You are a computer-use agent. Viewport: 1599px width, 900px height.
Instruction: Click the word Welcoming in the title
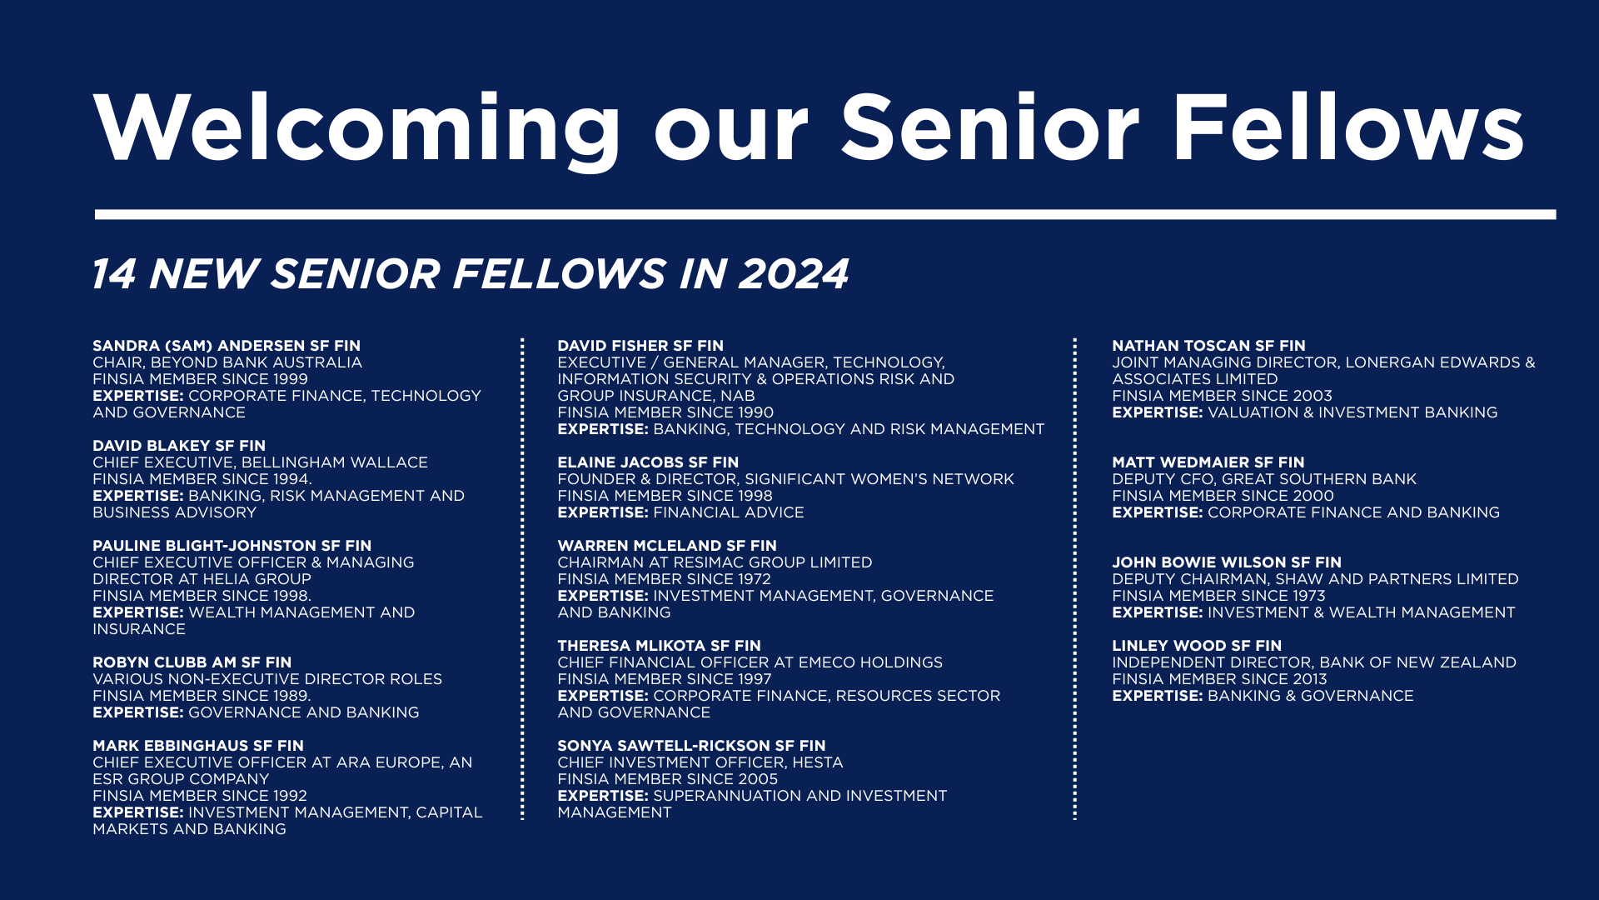(x=357, y=128)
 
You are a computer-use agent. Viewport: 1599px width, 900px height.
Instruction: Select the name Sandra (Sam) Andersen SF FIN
(x=227, y=346)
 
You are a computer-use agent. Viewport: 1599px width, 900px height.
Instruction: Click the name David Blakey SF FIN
(x=179, y=446)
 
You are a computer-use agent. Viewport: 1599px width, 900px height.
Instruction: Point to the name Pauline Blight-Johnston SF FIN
(x=232, y=546)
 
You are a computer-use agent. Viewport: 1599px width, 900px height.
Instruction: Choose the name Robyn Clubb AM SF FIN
(x=192, y=662)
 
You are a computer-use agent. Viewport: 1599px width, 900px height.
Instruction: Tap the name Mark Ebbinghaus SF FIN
(x=198, y=746)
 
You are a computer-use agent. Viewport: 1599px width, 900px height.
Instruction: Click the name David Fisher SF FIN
(x=640, y=346)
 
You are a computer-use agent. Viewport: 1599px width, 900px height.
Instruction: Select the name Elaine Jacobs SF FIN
(x=648, y=462)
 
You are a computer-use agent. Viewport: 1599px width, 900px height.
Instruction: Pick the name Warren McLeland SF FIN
(x=667, y=546)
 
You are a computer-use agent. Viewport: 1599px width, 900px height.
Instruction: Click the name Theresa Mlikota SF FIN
(x=660, y=646)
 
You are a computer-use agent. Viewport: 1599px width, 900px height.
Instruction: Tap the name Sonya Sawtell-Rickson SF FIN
(x=691, y=746)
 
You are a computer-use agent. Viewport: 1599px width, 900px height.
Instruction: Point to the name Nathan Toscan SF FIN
(x=1208, y=346)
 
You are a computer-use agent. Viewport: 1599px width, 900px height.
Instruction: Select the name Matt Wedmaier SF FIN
(x=1208, y=462)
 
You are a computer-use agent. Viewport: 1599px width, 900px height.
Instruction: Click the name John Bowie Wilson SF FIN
(x=1227, y=562)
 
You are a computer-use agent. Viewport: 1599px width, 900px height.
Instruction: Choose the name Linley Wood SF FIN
(x=1197, y=646)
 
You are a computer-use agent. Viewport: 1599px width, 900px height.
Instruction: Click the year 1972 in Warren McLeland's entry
(x=755, y=579)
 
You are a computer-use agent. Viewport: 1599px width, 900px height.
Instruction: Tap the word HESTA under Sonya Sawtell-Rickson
(x=818, y=762)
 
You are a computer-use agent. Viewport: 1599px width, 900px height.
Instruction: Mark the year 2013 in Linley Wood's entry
(x=1309, y=679)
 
